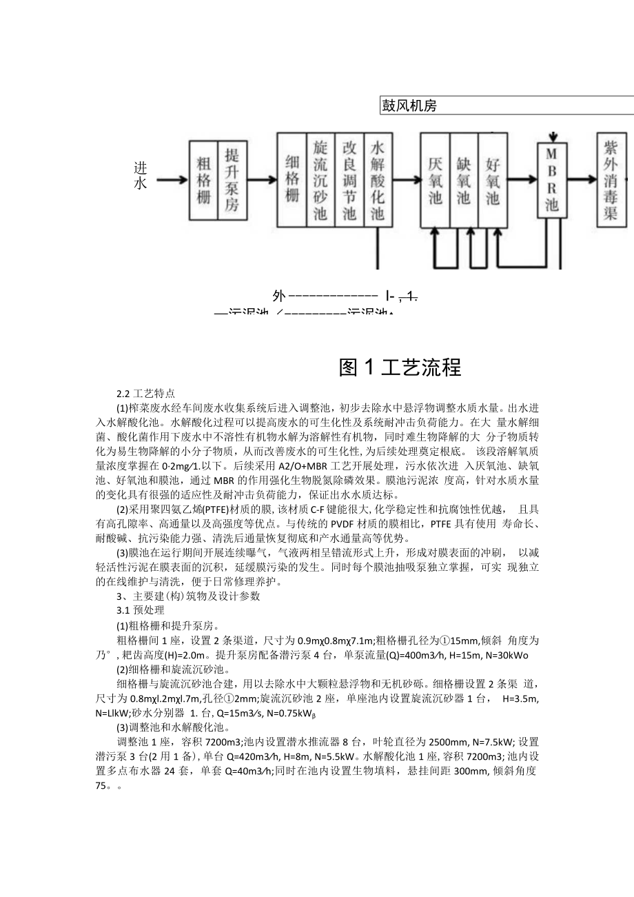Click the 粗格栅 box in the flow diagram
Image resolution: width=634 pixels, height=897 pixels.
[x=203, y=181]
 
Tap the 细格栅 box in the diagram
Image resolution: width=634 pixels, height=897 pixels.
[x=292, y=179]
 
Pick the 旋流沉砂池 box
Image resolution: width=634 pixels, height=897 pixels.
[x=320, y=179]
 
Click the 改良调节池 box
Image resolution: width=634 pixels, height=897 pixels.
[x=349, y=179]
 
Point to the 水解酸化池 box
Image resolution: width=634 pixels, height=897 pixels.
[x=377, y=179]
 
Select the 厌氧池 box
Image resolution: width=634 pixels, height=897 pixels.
[x=435, y=181]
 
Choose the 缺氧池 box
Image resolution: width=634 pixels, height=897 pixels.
[x=463, y=181]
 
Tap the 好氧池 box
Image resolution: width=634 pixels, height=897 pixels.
[x=492, y=181]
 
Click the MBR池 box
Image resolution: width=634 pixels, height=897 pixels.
[x=552, y=179]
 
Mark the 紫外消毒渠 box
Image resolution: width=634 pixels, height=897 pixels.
[x=611, y=181]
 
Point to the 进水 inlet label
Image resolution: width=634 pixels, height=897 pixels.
[x=141, y=176]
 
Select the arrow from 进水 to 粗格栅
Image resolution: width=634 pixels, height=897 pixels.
[x=172, y=181]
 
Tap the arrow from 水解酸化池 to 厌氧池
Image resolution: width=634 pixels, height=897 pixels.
[x=405, y=181]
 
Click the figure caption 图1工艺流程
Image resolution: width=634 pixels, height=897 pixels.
[x=400, y=367]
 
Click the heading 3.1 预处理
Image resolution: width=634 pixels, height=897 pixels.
[x=141, y=611]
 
